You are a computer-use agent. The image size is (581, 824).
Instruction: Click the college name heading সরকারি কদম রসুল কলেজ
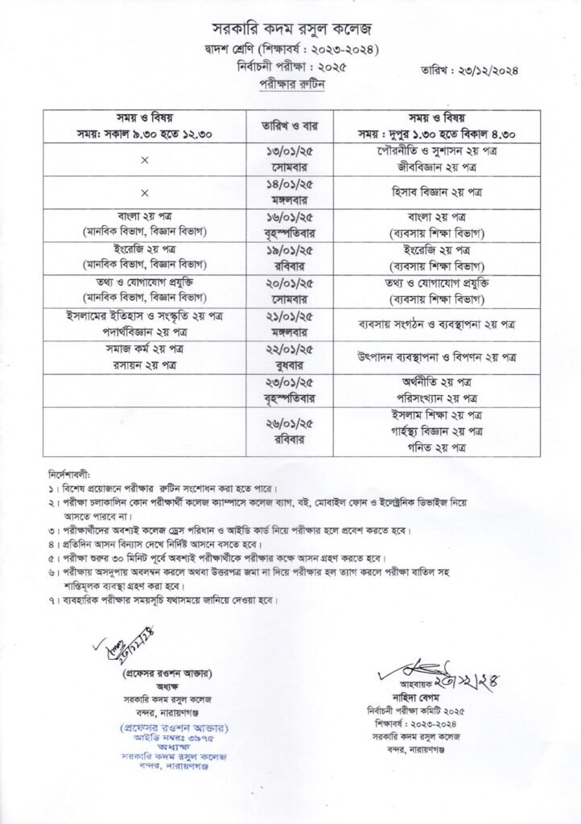[x=290, y=31]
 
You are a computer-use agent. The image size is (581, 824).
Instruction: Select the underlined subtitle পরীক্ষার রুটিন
[x=290, y=84]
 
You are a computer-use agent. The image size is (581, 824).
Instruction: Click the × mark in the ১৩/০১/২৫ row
[x=145, y=159]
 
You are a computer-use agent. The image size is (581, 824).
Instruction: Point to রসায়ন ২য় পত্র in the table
[x=145, y=365]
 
